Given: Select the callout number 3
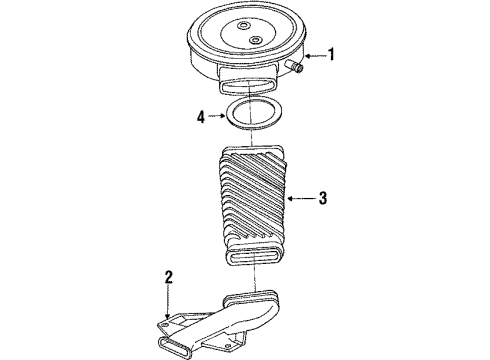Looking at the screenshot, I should point(322,198).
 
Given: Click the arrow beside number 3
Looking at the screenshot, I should point(301,198).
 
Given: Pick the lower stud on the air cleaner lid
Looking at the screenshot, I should point(257,40).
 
